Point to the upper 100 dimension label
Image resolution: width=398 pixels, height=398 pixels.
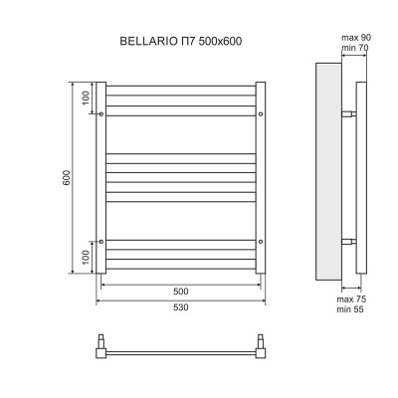(x=86, y=99)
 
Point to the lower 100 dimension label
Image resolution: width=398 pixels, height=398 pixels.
(x=86, y=258)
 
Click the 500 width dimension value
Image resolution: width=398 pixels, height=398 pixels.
(x=180, y=292)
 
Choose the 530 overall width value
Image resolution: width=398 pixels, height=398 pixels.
(x=180, y=307)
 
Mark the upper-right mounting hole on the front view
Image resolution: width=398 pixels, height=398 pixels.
(x=261, y=115)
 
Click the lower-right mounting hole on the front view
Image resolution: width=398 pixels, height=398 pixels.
(x=261, y=241)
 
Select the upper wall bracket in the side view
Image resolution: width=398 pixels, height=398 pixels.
(x=348, y=114)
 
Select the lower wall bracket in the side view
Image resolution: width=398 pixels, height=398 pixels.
(x=348, y=242)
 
